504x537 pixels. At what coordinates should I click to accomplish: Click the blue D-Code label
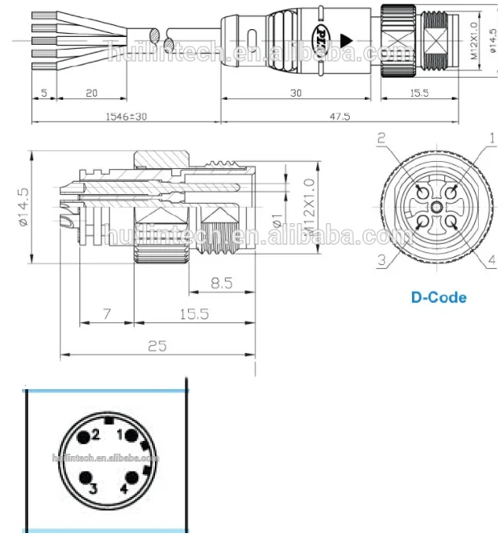coord(439,297)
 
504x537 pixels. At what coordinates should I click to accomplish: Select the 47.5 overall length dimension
coord(340,116)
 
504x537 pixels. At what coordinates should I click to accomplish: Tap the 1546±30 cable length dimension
coord(126,116)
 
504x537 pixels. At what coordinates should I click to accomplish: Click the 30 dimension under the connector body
coord(296,93)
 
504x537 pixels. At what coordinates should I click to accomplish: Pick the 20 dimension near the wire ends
coord(91,93)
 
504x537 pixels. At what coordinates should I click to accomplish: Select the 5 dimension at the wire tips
coord(43,93)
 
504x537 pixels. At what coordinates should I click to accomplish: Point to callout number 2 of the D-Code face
coord(381,138)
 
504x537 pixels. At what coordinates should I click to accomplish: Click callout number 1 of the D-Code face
coord(492,138)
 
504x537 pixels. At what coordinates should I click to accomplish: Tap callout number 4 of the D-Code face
coord(492,259)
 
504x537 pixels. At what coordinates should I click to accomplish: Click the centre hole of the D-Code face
coord(436,207)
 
